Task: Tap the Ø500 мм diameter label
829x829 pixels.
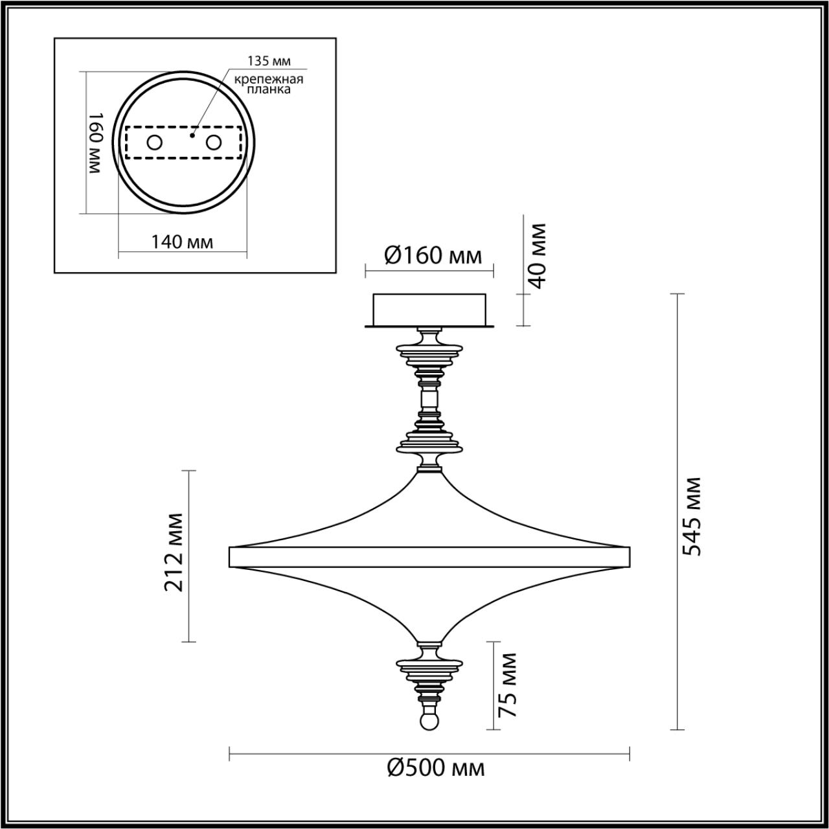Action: click(436, 769)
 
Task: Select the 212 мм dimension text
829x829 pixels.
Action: click(173, 552)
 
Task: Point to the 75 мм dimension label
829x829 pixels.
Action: click(508, 684)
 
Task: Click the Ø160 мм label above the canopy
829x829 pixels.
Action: click(433, 255)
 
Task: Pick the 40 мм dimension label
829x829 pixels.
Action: click(537, 255)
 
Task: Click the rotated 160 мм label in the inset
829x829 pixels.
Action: click(95, 142)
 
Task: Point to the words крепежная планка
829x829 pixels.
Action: click(269, 85)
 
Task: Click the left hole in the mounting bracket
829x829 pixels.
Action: click(154, 142)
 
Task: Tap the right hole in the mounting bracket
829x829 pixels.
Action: click(213, 142)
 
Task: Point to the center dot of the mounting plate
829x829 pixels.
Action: click(192, 136)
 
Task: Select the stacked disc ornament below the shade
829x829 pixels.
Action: click(429, 665)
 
